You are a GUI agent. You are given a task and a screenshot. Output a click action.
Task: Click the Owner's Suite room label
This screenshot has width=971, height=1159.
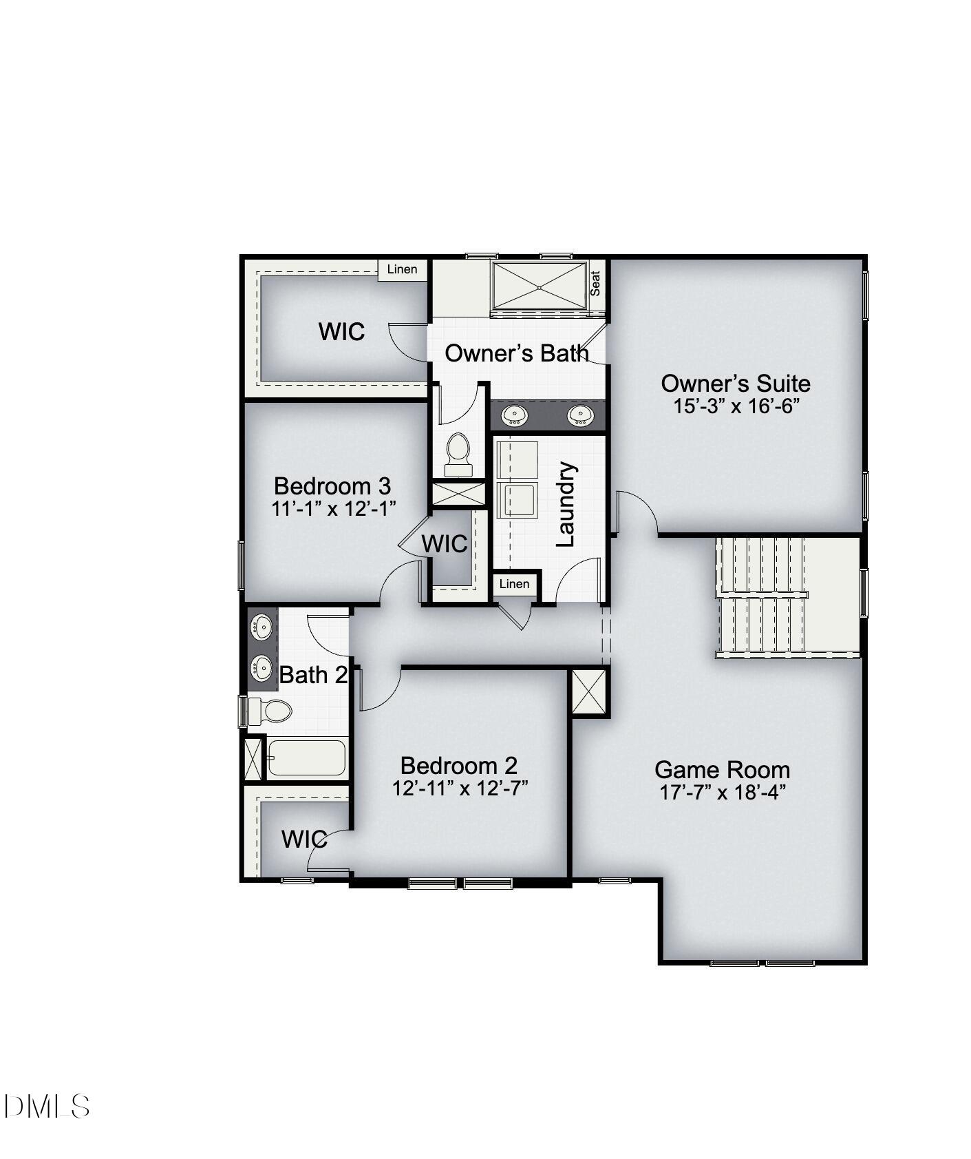click(x=735, y=384)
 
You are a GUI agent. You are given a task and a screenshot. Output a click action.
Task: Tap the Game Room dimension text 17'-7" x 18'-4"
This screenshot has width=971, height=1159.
click(x=723, y=793)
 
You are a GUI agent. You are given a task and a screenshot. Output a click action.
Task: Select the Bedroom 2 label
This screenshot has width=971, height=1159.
click(x=458, y=766)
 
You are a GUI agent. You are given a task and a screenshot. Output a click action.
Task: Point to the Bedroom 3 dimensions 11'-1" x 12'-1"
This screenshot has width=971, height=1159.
click(x=334, y=509)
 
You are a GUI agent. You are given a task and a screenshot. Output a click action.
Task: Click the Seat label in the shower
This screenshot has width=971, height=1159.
click(x=595, y=283)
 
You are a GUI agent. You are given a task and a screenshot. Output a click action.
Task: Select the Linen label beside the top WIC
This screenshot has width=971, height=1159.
click(x=402, y=269)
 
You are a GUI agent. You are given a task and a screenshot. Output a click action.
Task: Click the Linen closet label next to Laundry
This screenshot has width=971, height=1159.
click(x=514, y=584)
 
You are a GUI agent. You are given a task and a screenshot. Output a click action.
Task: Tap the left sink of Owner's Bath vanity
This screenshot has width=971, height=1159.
click(x=514, y=415)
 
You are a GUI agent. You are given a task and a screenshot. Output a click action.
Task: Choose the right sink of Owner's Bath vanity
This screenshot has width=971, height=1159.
click(x=579, y=415)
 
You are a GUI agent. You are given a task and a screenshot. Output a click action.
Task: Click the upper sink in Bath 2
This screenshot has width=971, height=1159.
click(x=262, y=626)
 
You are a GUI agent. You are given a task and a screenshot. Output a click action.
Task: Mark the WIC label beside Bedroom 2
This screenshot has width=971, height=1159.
click(x=304, y=839)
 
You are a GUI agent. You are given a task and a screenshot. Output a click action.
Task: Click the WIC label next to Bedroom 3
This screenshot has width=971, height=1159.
click(x=445, y=544)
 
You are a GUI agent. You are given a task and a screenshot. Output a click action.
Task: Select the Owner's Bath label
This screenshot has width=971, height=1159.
click(x=517, y=353)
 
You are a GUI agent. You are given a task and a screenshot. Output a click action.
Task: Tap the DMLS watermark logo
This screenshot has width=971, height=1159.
click(x=46, y=1106)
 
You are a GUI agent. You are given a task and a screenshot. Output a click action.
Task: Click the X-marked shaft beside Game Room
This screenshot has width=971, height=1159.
click(x=590, y=692)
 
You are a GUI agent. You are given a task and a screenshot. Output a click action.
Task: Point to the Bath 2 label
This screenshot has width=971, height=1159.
click(x=313, y=675)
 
